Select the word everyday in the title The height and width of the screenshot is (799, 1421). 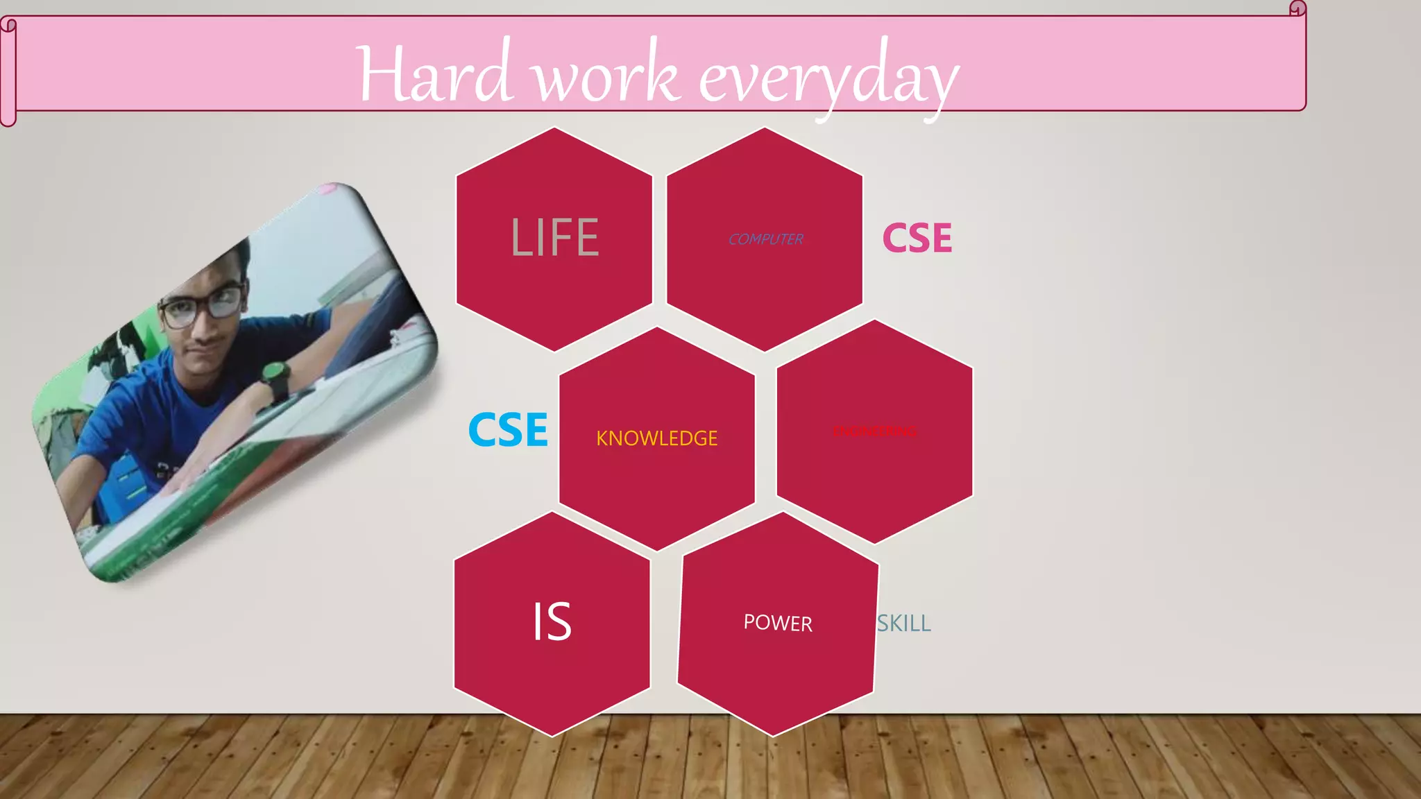828,79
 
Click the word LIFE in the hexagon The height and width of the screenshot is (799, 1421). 554,238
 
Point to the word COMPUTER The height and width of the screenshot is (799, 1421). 765,239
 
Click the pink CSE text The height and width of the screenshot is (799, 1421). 917,239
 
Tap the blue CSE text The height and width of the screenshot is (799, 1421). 508,430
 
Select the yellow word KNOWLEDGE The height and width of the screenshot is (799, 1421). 656,438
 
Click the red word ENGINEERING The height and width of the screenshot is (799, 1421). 874,431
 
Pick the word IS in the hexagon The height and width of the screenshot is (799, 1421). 552,621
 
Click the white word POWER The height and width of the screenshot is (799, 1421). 778,623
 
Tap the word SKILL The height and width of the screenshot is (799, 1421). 904,624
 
